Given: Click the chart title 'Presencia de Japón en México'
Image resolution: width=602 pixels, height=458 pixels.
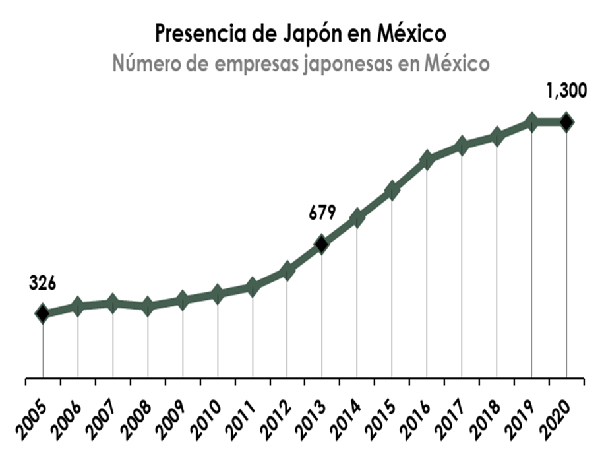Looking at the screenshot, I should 301,32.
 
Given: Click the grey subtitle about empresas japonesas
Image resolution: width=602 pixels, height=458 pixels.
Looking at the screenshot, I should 301,65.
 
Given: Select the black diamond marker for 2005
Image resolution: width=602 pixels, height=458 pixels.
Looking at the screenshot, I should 43,313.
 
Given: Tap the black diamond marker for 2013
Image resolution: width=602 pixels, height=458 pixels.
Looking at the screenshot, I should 322,245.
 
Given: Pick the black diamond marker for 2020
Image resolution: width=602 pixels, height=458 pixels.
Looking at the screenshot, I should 566,122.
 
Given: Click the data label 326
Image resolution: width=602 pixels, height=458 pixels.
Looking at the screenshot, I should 43,283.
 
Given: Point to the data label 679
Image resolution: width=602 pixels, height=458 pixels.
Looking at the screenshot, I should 322,213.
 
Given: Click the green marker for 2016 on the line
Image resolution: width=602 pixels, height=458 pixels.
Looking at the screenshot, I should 427,159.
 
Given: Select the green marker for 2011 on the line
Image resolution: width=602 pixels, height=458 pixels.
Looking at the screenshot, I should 252,287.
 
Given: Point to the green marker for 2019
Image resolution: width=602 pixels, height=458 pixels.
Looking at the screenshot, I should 531,122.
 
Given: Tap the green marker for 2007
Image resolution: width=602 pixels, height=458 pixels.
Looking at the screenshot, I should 113,304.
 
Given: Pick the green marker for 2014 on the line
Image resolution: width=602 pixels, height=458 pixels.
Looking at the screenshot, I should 357,218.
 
